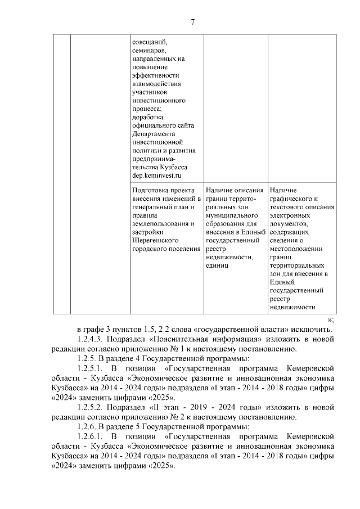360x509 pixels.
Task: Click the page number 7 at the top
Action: pyautogui.click(x=192, y=22)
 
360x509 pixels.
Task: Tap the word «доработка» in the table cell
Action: pyautogui.click(x=147, y=117)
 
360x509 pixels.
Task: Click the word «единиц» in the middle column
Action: pyautogui.click(x=217, y=265)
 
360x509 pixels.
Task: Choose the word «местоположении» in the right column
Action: pyautogui.click(x=296, y=249)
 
